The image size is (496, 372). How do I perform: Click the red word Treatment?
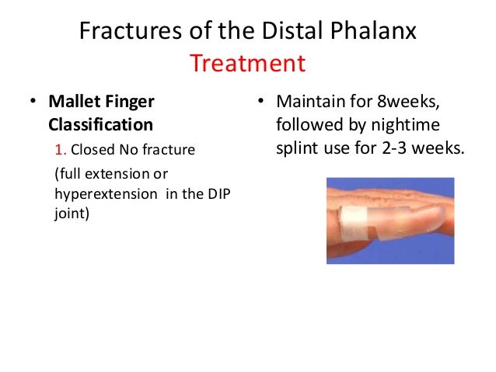tap(248, 62)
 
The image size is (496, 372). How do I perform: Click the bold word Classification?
tap(101, 124)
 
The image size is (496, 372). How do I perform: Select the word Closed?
tap(89, 150)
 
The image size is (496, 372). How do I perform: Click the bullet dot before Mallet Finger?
tap(33, 102)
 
